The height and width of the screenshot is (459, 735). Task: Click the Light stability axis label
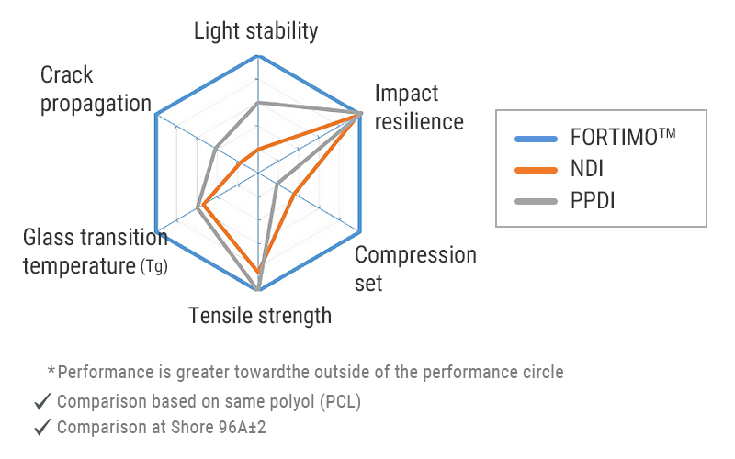255,31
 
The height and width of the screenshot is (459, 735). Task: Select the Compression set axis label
415,268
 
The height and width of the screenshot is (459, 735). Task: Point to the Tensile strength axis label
260,317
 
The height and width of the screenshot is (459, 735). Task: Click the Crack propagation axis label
96,89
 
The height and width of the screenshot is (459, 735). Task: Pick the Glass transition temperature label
96,252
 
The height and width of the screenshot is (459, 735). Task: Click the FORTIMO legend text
622,139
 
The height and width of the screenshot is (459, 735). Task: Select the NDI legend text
586,169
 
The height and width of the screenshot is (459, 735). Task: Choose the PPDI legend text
592,200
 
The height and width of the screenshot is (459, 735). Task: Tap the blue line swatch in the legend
537,140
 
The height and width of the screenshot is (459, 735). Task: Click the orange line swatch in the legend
537,170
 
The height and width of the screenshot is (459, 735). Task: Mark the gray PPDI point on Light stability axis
258,102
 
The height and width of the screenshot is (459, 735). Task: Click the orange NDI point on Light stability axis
258,149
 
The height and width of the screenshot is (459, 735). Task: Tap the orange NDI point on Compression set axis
293,194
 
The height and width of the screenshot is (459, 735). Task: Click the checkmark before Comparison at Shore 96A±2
41,428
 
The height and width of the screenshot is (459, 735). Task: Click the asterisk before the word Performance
51,371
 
